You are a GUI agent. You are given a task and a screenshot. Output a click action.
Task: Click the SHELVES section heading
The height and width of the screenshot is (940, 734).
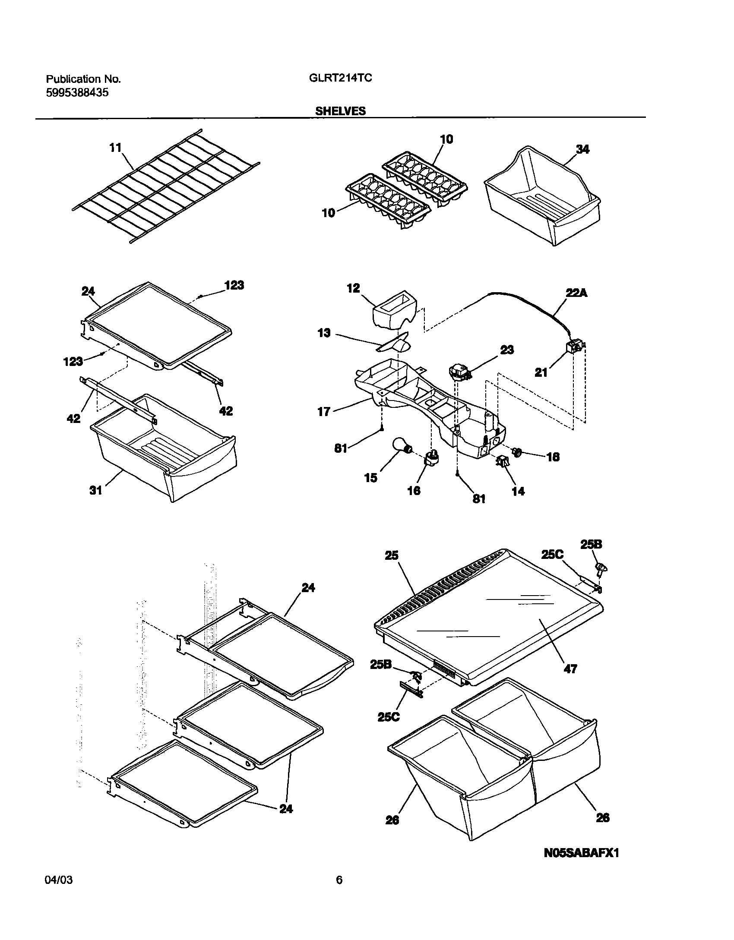340,111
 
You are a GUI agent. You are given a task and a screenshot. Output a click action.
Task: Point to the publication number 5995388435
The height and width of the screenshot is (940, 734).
77,92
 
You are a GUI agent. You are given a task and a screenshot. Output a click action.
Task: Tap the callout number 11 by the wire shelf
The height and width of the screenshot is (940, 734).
115,148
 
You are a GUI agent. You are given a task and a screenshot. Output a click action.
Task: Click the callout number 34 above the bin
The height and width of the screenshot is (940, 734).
582,150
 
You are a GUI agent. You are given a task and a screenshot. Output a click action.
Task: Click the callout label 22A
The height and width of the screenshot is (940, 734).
577,293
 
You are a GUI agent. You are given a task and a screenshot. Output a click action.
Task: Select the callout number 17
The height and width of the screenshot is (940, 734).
324,412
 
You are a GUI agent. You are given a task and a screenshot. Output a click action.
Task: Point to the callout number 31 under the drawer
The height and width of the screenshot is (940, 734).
96,490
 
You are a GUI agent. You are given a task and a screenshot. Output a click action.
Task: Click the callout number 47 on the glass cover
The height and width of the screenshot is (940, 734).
570,669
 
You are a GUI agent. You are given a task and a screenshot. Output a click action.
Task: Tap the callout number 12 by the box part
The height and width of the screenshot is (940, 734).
353,288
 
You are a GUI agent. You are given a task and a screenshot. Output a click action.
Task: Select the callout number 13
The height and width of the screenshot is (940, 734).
324,333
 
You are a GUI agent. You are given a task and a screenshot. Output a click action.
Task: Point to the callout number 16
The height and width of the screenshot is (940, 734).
414,490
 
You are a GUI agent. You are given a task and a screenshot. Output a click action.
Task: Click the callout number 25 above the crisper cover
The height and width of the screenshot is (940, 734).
392,555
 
